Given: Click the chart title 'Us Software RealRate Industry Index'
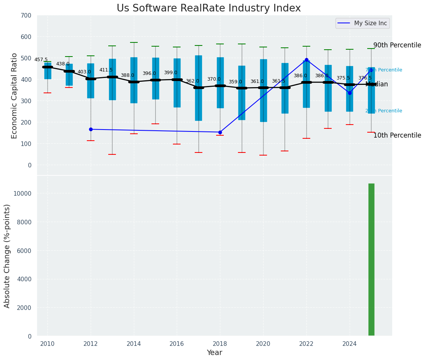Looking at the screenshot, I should coord(208,8).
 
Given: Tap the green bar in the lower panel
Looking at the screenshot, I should coord(371,259).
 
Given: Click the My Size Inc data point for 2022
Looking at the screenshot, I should coord(306,60).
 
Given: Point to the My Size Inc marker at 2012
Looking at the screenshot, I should coord(91,129).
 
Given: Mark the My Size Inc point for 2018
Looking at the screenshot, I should coord(220,132).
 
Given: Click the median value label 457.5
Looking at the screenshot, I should coord(41,60).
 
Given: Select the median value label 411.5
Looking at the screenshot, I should coord(106,70).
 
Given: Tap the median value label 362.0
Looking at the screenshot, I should coord(192,81).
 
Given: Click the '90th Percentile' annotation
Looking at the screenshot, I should coord(397,45).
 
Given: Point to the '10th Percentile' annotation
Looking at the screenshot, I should coord(397,135).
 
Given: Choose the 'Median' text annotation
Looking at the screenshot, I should coord(377,84).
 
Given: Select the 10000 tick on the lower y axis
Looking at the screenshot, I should coord(22,193).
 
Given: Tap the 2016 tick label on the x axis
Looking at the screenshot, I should coord(177,344).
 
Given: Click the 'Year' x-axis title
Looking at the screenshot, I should coord(214,353).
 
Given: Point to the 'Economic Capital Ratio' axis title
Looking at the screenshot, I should coord(15,96).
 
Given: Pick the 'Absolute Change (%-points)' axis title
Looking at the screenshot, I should coord(7,256).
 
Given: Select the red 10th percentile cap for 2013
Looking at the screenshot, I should coord(112,154).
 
